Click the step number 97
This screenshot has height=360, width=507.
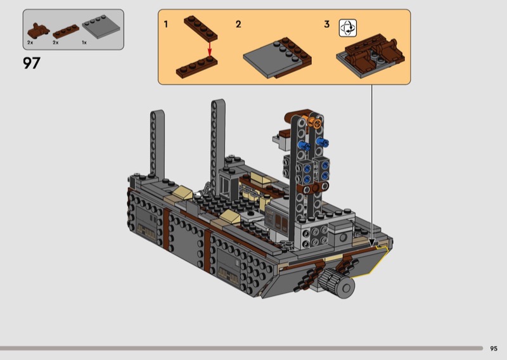(32, 63)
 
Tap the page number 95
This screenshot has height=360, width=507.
(494, 349)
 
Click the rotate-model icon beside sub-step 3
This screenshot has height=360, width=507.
(347, 28)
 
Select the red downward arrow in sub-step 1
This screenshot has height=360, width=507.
(210, 49)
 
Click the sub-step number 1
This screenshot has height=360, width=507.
(166, 24)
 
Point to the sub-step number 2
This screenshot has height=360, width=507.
(238, 24)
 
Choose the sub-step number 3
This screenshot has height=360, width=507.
(326, 24)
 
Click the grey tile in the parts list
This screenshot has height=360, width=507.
(101, 27)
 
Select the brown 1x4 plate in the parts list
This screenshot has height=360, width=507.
(66, 32)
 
